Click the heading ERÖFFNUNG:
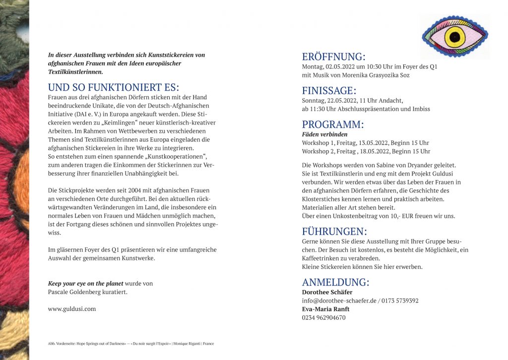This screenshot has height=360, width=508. click(333, 57)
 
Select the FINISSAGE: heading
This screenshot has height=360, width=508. click(329, 90)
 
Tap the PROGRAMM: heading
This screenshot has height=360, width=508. click(332, 124)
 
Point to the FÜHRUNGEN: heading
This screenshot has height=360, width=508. click(334, 231)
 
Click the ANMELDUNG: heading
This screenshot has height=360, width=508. click(335, 282)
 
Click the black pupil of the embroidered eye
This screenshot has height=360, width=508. click(454, 37)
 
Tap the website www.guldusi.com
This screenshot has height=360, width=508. click(72, 308)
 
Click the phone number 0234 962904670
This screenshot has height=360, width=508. click(323, 317)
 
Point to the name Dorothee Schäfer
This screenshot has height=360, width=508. click(327, 292)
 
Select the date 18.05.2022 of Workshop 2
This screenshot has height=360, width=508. click(374, 151)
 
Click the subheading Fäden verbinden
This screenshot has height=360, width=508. click(324, 134)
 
